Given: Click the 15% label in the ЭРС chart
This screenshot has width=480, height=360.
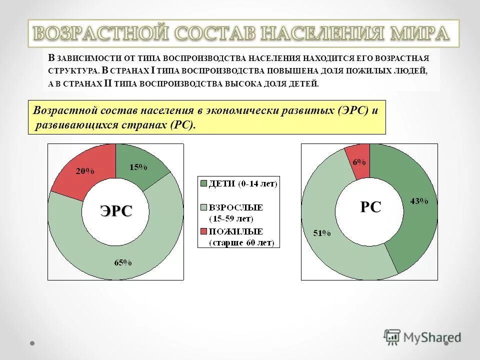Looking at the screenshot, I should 138,167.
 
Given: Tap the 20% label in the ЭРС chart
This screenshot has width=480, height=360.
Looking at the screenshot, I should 85,171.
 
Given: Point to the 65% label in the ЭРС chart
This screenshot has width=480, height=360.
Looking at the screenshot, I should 123,262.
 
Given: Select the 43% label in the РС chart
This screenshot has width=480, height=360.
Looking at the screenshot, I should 419,201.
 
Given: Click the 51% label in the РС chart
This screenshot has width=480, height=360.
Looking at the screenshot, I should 321,233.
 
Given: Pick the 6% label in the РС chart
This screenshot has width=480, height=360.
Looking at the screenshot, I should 359,162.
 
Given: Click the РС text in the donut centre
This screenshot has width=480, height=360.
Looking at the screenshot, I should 370,207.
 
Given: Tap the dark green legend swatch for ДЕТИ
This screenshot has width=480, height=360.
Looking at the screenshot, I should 203,183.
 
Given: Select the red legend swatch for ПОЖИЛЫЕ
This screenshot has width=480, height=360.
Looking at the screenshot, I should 203,231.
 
